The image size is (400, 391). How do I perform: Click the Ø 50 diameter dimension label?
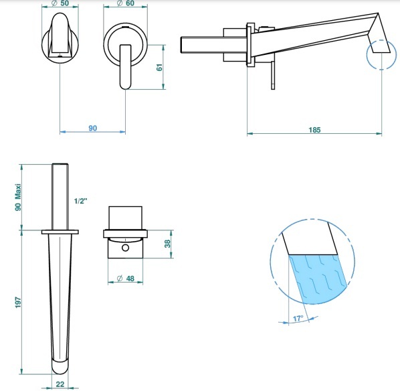(60, 3)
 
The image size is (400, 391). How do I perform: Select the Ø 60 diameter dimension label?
(125, 3)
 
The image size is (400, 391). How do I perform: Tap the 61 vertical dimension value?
(159, 68)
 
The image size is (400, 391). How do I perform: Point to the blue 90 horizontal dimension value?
(93, 128)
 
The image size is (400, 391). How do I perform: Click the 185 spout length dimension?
(314, 130)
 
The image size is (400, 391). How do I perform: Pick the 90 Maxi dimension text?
(18, 197)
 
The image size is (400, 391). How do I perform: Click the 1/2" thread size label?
(81, 201)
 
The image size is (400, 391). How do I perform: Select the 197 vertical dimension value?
(18, 302)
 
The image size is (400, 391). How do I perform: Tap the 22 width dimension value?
(60, 384)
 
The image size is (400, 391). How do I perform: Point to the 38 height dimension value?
(167, 244)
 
